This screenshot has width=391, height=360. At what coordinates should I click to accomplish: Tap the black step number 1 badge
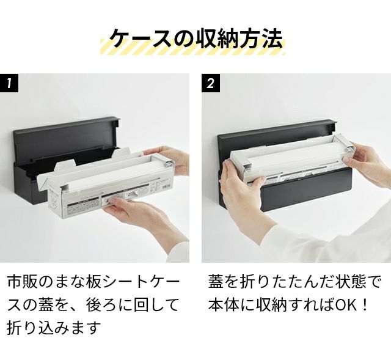click(9, 83)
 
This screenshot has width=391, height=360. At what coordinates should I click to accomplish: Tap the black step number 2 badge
click(211, 83)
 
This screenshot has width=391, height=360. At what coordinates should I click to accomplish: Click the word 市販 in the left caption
click(23, 282)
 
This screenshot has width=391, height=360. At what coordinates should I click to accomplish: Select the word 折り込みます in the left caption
click(54, 327)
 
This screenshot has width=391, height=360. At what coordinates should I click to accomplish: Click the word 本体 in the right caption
click(224, 305)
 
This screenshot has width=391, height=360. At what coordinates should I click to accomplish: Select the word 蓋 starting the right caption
click(216, 282)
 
